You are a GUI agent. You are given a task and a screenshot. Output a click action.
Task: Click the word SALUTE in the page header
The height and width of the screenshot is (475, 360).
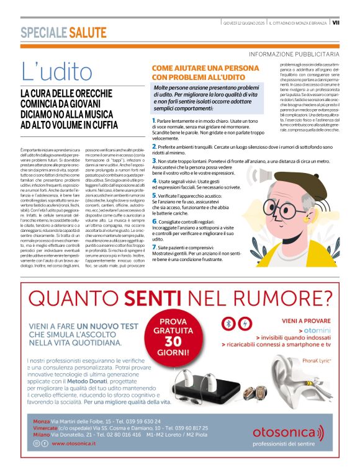88,32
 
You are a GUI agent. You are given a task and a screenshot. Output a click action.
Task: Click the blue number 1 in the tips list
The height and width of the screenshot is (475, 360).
153,120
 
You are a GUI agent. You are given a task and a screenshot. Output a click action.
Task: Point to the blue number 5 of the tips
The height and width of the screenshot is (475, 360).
153,195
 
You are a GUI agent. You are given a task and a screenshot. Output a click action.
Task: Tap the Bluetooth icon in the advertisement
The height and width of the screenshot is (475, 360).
228,324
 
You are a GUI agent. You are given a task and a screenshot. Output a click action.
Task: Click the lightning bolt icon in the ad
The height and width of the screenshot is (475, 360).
244,324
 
